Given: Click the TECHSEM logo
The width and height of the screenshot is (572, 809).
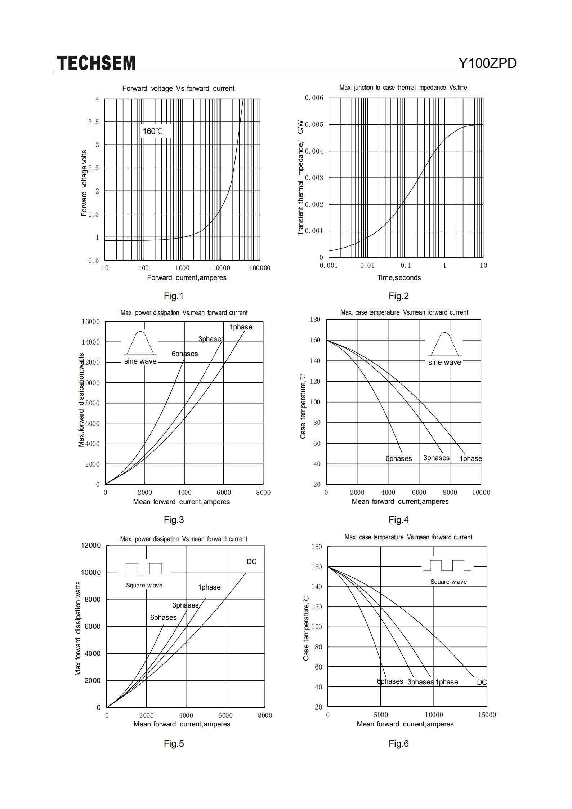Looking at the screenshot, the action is tap(96, 63).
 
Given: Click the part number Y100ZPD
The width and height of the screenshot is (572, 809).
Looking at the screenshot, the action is tap(487, 63).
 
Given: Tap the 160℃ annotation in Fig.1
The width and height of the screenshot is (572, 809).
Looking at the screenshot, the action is tap(153, 131).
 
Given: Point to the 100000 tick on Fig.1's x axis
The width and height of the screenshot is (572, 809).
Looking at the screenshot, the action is tap(260, 268).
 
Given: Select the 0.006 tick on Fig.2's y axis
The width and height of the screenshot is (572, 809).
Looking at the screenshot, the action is tap(314, 98).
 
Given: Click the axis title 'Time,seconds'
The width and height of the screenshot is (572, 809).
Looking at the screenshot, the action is tap(399, 277).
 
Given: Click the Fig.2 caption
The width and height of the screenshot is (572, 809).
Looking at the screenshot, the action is tap(399, 296).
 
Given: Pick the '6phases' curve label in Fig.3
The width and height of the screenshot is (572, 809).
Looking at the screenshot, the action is tap(185, 354).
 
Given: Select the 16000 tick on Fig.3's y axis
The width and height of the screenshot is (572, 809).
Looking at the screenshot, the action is tap(91, 321).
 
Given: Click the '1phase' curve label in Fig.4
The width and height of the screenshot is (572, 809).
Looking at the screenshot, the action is tap(471, 458).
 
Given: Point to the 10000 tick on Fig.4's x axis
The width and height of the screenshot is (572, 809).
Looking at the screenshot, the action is tap(481, 492).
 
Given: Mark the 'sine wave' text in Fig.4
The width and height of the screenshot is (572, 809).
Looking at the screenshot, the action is tap(444, 362).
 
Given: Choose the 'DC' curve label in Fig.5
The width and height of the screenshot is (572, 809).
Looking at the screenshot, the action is tap(251, 561).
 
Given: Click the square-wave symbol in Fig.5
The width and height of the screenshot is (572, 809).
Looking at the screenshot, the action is tap(144, 568).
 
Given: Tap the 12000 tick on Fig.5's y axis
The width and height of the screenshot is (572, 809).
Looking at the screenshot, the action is tap(91, 545).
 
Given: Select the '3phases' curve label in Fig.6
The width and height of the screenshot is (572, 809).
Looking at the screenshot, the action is tap(420, 682).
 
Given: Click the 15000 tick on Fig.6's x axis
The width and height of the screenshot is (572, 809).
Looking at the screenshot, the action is tap(487, 715).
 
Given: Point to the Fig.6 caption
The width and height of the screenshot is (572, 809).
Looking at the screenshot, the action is tap(399, 743).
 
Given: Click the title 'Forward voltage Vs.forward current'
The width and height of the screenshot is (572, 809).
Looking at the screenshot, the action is tap(178, 89).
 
